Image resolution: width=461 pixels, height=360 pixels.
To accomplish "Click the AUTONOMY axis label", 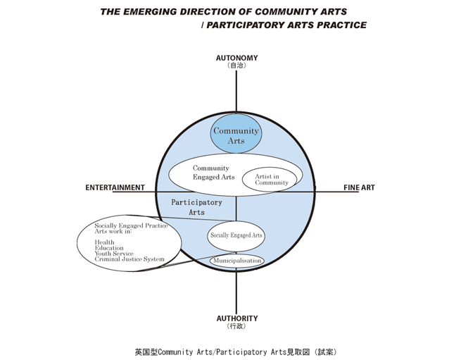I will point(236,58).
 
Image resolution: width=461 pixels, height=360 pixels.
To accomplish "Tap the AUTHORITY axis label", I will point(236,318).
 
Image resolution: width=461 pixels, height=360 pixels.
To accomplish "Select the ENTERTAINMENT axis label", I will point(115,188).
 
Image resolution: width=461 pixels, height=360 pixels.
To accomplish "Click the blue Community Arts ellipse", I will point(236,135).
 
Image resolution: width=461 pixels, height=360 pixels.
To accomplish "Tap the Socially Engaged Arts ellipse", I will point(236,235).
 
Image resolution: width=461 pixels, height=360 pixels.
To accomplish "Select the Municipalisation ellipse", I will point(237,261).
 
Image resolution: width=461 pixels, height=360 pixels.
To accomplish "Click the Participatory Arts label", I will point(197,207).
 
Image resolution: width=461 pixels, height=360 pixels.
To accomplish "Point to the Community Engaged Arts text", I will point(212,173).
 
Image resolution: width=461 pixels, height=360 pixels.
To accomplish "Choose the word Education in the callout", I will point(109,248).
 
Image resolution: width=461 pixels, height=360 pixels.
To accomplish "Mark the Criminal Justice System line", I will point(130,259).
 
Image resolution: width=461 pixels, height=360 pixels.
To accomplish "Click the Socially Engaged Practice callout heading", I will point(131,225).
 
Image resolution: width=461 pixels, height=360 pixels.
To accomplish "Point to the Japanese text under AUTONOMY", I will point(236,66).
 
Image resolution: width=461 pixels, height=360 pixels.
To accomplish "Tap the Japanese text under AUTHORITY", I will point(236,327).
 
